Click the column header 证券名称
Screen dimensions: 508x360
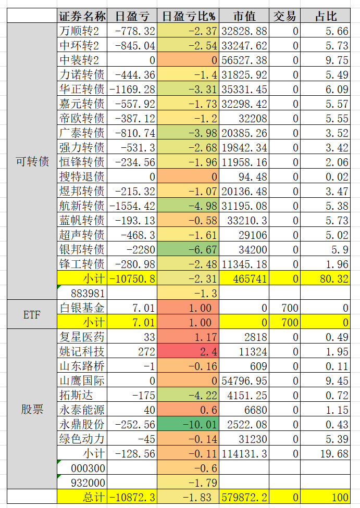(82, 16)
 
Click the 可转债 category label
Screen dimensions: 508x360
(32, 162)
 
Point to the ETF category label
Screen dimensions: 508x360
(32, 315)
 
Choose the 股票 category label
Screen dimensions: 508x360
(32, 410)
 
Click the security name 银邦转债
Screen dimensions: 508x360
(82, 249)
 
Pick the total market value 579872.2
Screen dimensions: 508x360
(244, 497)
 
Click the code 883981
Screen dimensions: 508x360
(82, 293)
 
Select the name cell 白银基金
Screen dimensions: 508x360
(82, 308)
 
